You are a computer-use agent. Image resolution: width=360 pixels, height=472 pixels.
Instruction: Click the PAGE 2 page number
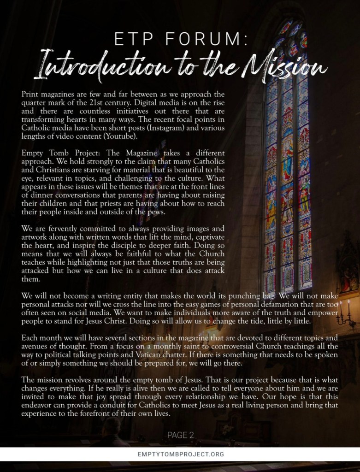click(180, 435)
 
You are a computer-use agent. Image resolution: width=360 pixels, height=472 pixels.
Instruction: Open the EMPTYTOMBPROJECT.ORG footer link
click(180, 454)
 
